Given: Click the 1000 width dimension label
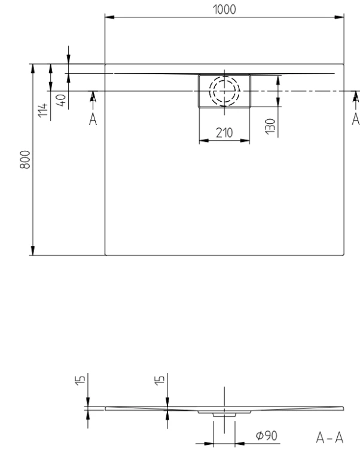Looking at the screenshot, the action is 224,10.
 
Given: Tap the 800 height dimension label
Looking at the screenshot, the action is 25,159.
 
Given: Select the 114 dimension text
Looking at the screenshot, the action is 42,110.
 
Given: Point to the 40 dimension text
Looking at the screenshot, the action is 61,100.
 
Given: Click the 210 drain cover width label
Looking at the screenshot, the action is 224,133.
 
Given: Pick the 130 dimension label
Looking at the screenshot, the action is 270,126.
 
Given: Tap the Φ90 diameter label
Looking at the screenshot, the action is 267,436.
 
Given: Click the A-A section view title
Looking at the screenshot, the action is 330,438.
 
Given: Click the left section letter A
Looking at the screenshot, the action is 93,119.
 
